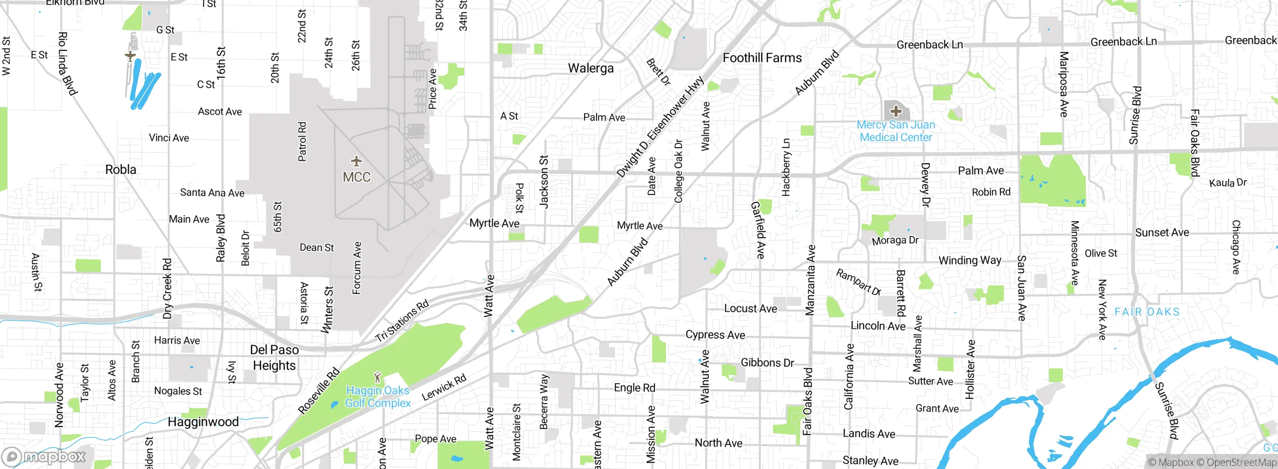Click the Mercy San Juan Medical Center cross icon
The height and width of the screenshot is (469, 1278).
pos(896,111)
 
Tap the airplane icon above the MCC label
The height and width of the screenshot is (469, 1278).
pos(356,161)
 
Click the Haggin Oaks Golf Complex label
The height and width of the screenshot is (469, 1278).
pos(378,397)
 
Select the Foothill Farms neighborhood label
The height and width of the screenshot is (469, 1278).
pos(762,58)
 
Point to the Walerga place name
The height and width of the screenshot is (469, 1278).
pos(591,68)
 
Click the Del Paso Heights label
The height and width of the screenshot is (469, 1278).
pos(274,357)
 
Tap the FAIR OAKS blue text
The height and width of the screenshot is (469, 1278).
pos(1147,312)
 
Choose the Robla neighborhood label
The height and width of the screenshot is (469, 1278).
pos(120,170)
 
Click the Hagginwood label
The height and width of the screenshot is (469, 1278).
pos(203,422)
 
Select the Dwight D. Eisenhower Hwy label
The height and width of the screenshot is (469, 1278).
pos(660,127)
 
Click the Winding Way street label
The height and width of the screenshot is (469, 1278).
pos(969,260)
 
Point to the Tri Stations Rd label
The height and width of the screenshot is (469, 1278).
pos(402,321)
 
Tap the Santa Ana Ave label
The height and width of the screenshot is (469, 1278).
pos(212,193)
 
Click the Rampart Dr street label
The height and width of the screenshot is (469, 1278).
pos(858,282)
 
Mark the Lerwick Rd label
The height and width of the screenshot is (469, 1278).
pos(444,387)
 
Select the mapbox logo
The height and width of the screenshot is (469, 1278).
pos(44,456)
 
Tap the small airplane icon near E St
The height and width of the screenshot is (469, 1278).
pos(130,56)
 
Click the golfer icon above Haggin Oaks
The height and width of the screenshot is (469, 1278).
pos(377,377)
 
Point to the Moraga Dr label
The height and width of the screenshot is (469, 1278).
pos(895,240)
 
